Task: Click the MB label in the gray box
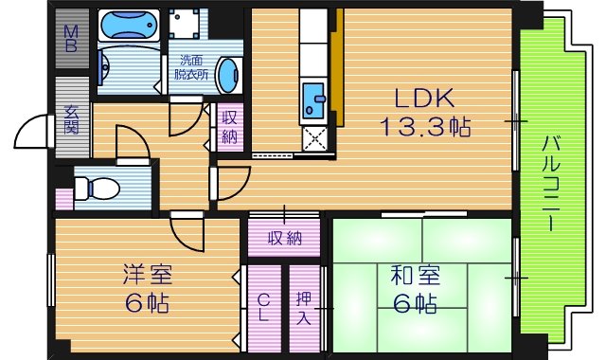tap(71, 38)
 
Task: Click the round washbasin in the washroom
tap(228, 74)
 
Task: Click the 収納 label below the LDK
tap(283, 238)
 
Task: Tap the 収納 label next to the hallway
tap(229, 127)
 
